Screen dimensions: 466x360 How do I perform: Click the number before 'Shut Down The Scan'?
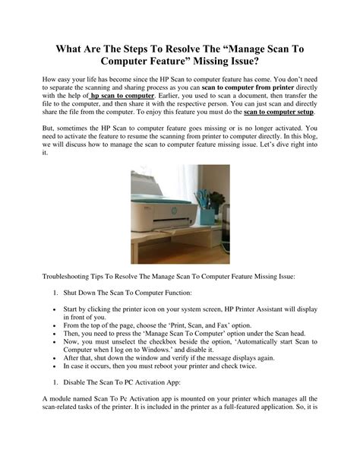point(56,292)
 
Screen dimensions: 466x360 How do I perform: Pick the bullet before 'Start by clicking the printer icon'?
point(56,310)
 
